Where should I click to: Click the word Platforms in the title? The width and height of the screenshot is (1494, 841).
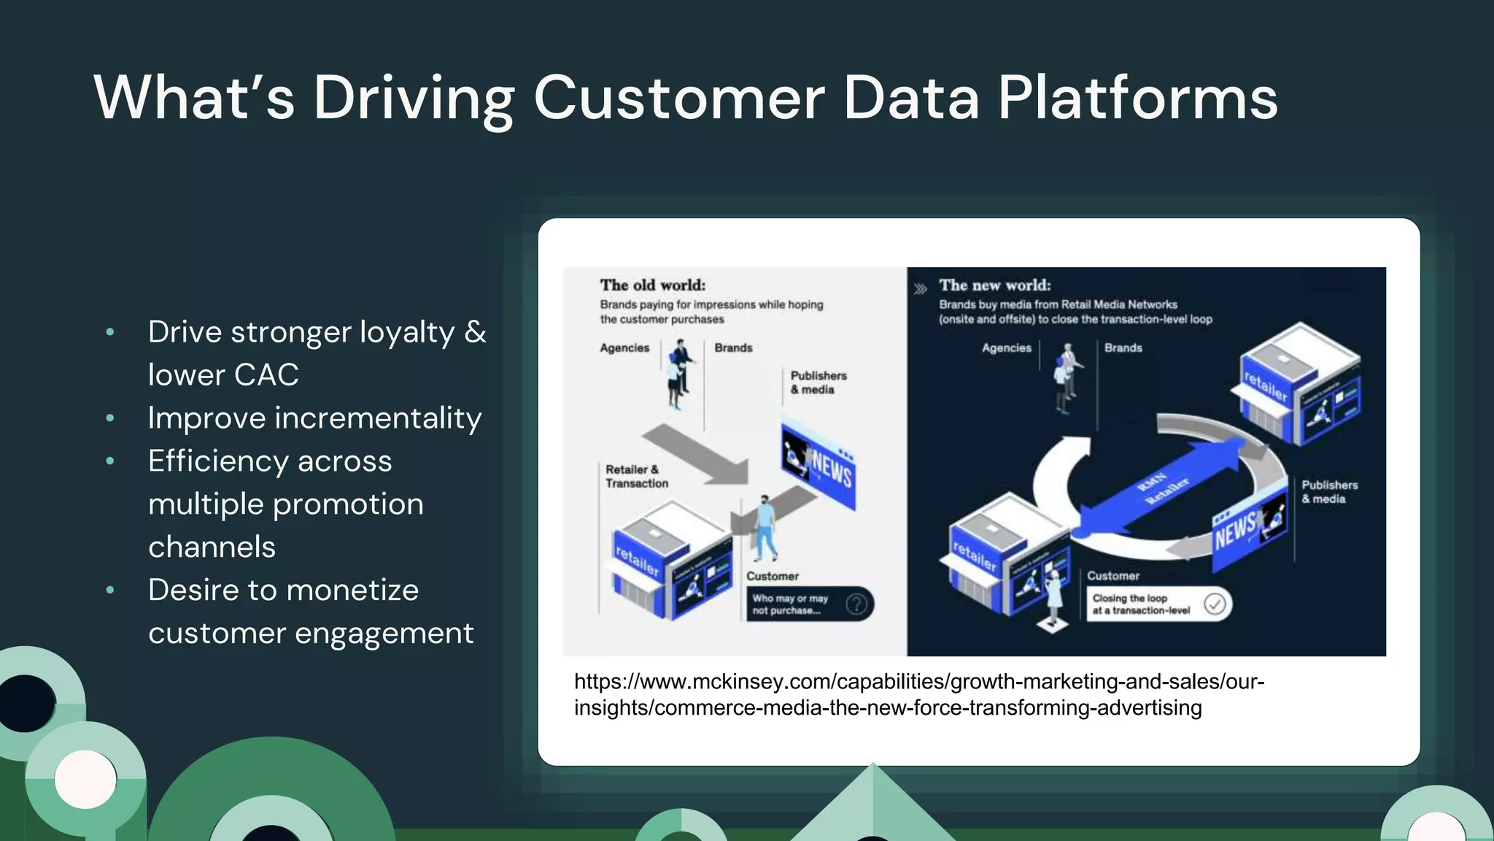[x=1137, y=99]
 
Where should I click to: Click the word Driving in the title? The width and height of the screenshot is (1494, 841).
[x=414, y=99]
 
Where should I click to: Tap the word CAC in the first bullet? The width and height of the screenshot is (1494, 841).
[x=266, y=375]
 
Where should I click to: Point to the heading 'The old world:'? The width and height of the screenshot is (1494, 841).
[x=652, y=285]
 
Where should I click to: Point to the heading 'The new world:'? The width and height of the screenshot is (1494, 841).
[x=994, y=285]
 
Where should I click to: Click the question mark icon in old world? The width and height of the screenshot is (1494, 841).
[x=856, y=604]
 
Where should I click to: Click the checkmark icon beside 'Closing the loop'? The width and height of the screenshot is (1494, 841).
[x=1215, y=604]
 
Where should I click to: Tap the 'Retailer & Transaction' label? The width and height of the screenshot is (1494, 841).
[x=635, y=476]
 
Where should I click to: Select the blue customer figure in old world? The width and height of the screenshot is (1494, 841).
[x=765, y=527]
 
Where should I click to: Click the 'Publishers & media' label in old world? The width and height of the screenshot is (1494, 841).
[x=818, y=383]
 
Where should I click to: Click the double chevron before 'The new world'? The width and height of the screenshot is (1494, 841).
[x=921, y=289]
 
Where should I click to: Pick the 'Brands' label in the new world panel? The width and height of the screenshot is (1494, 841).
[x=1123, y=348]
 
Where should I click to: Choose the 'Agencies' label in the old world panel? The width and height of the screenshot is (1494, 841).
[x=624, y=348]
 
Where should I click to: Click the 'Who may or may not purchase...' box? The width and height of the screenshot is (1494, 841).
[x=808, y=604]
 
